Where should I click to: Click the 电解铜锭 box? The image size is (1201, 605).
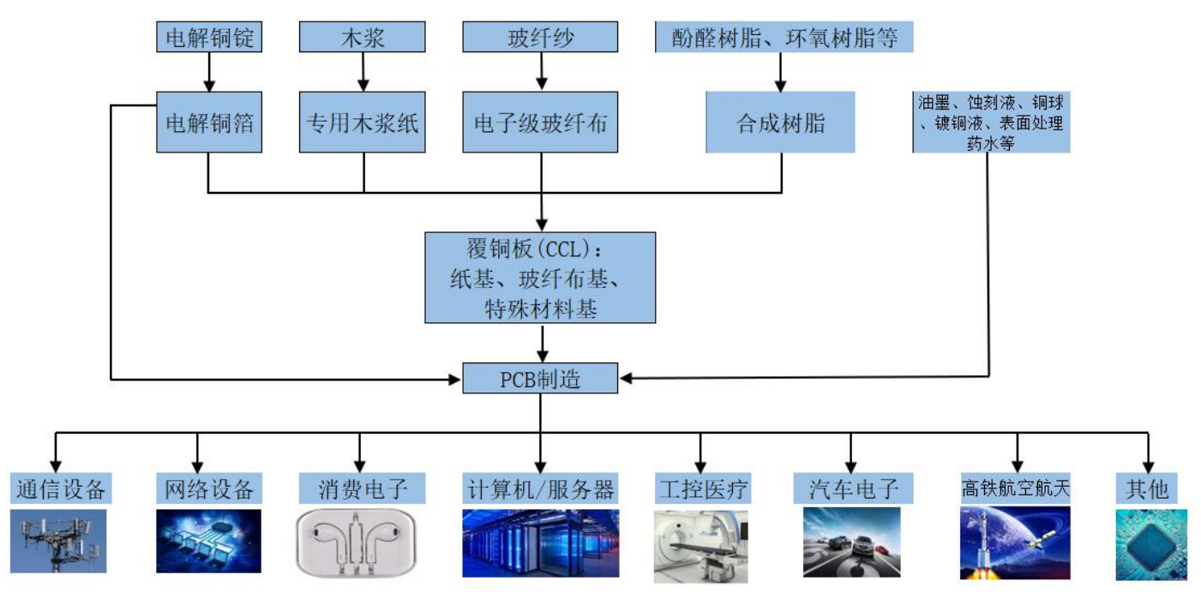[209, 38]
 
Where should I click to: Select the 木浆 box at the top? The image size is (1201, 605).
[362, 38]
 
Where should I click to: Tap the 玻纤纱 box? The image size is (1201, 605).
[539, 38]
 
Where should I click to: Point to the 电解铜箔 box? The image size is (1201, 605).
[209, 122]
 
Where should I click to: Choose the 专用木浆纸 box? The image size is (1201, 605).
[362, 122]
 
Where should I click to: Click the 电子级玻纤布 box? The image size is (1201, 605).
[540, 122]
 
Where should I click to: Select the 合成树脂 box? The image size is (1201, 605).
[780, 122]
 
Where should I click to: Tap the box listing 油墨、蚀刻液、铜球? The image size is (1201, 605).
[991, 123]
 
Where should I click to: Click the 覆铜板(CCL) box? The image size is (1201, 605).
[540, 278]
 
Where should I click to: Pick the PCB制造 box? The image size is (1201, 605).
[540, 378]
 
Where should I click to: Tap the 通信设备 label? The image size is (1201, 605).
[61, 489]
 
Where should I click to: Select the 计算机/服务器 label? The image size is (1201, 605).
[540, 489]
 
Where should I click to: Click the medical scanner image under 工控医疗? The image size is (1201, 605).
[700, 546]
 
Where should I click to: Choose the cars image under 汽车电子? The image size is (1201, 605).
[851, 542]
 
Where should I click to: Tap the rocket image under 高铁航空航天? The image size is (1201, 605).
[1015, 542]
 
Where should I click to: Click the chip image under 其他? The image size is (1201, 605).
[1151, 545]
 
